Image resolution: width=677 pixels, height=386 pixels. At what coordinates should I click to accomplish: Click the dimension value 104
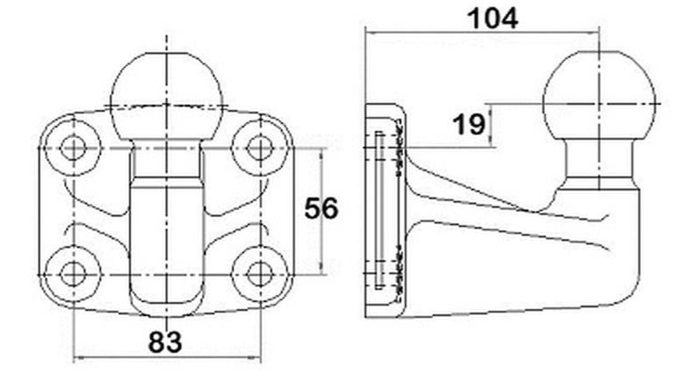(493, 19)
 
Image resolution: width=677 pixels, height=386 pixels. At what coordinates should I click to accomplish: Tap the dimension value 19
(468, 125)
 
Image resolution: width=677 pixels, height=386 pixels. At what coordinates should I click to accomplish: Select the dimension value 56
(321, 209)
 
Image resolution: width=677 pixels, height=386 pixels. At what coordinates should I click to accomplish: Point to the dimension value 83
(166, 342)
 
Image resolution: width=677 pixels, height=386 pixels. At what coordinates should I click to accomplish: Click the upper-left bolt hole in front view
(73, 148)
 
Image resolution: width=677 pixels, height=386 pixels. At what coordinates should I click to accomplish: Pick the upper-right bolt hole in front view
(260, 148)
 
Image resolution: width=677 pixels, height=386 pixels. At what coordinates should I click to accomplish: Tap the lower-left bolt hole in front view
(73, 274)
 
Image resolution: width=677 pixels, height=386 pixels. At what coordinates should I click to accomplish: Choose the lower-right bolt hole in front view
(260, 274)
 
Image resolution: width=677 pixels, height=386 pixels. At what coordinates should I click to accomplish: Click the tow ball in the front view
(167, 96)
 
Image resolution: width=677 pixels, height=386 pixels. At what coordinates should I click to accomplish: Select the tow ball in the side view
(599, 94)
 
